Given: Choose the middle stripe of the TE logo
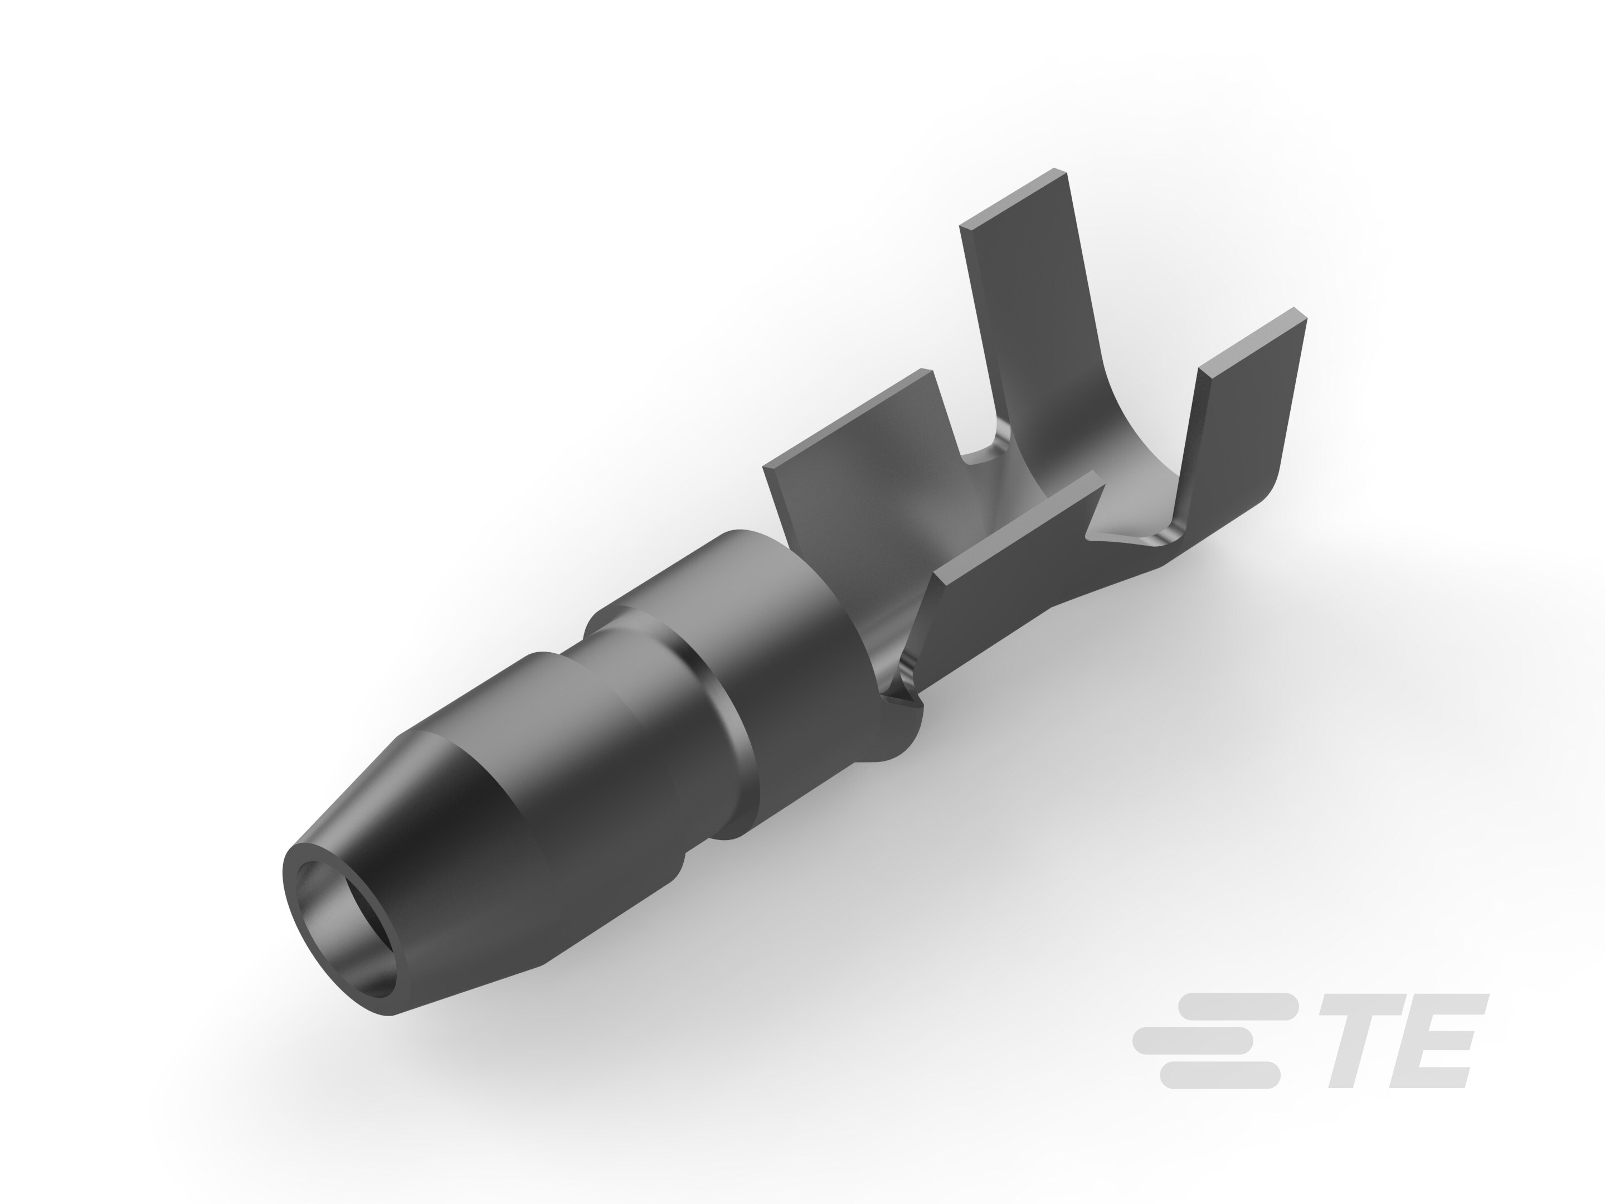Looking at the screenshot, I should pos(1194,1040).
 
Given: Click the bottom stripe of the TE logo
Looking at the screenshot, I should pos(1219,1074).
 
